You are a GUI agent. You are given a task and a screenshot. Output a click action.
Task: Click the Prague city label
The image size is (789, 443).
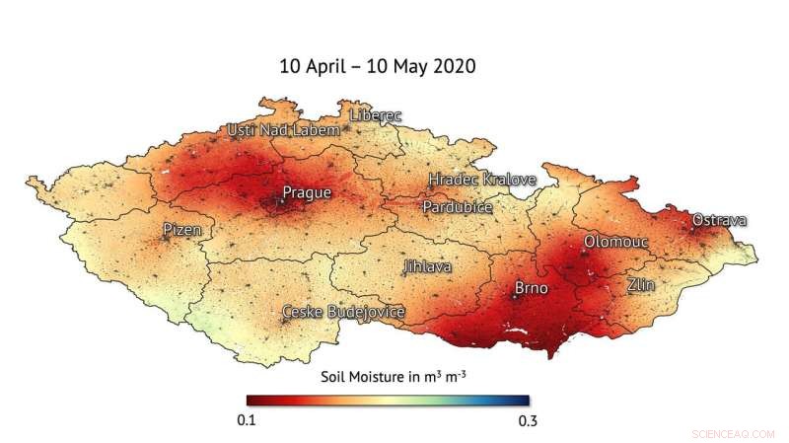click(307, 192)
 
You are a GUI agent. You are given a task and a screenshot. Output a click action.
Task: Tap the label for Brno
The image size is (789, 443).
click(534, 289)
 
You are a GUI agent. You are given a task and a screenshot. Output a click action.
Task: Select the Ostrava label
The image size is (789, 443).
click(719, 220)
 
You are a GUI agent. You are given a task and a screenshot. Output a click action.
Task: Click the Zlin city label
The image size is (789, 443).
click(641, 285)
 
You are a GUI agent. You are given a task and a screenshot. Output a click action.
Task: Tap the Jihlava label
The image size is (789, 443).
click(427, 266)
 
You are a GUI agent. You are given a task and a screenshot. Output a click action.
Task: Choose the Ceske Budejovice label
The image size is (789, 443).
click(343, 313)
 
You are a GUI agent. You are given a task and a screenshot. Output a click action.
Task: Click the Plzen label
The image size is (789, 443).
click(181, 230)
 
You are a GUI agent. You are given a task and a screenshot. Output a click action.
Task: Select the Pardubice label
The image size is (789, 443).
click(458, 207)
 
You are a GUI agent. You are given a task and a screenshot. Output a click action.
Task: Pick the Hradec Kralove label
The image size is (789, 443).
click(482, 180)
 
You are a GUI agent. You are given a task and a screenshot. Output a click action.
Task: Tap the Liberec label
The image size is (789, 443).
click(376, 115)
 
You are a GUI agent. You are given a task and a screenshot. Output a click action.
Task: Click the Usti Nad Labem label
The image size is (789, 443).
click(283, 130)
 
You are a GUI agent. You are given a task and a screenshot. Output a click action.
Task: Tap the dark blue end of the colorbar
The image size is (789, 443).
click(524, 401)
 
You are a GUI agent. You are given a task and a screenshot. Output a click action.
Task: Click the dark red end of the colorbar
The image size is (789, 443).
click(252, 401)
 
